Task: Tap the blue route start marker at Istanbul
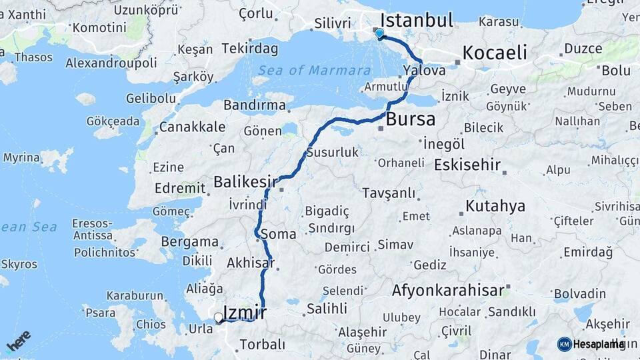[379, 33]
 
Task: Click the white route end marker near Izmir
[218, 318]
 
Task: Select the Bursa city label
[411, 120]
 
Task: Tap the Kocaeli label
[495, 53]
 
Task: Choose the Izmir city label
[245, 312]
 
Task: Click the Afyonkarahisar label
[447, 291]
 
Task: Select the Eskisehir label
[467, 165]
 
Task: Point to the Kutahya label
[495, 206]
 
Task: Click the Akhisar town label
[251, 263]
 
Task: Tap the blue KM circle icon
[565, 344]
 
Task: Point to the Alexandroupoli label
[111, 63]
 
